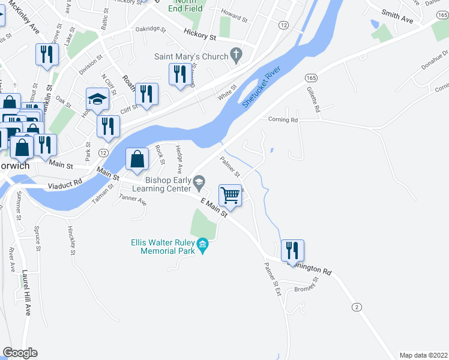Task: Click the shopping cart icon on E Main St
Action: (230, 195)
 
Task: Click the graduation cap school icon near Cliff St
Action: (97, 99)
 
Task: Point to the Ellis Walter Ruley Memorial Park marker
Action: (203, 244)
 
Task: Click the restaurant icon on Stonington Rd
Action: (292, 250)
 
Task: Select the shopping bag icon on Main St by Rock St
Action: (137, 159)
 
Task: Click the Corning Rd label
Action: (283, 120)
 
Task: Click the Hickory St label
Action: (199, 37)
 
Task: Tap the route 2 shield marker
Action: (357, 307)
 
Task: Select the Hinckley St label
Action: (72, 240)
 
